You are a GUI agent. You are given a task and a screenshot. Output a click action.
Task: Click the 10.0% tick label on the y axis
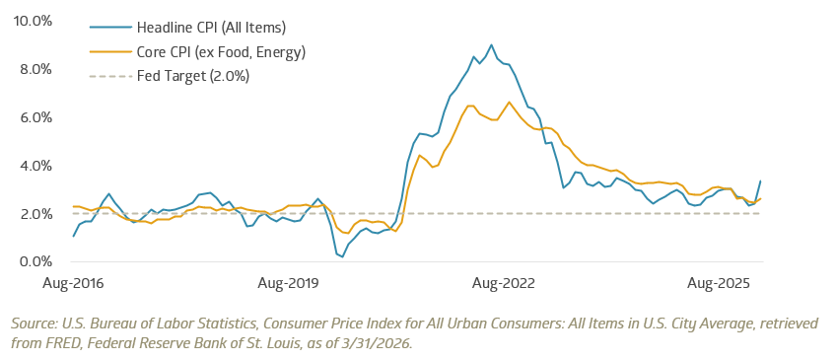click(x=34, y=21)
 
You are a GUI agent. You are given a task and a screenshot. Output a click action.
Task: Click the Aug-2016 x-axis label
click(x=74, y=284)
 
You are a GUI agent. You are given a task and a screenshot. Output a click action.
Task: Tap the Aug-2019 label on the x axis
click(x=287, y=284)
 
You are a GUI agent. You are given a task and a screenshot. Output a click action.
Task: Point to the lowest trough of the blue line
click(x=341, y=257)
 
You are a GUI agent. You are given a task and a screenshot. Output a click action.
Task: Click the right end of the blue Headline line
click(x=760, y=180)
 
